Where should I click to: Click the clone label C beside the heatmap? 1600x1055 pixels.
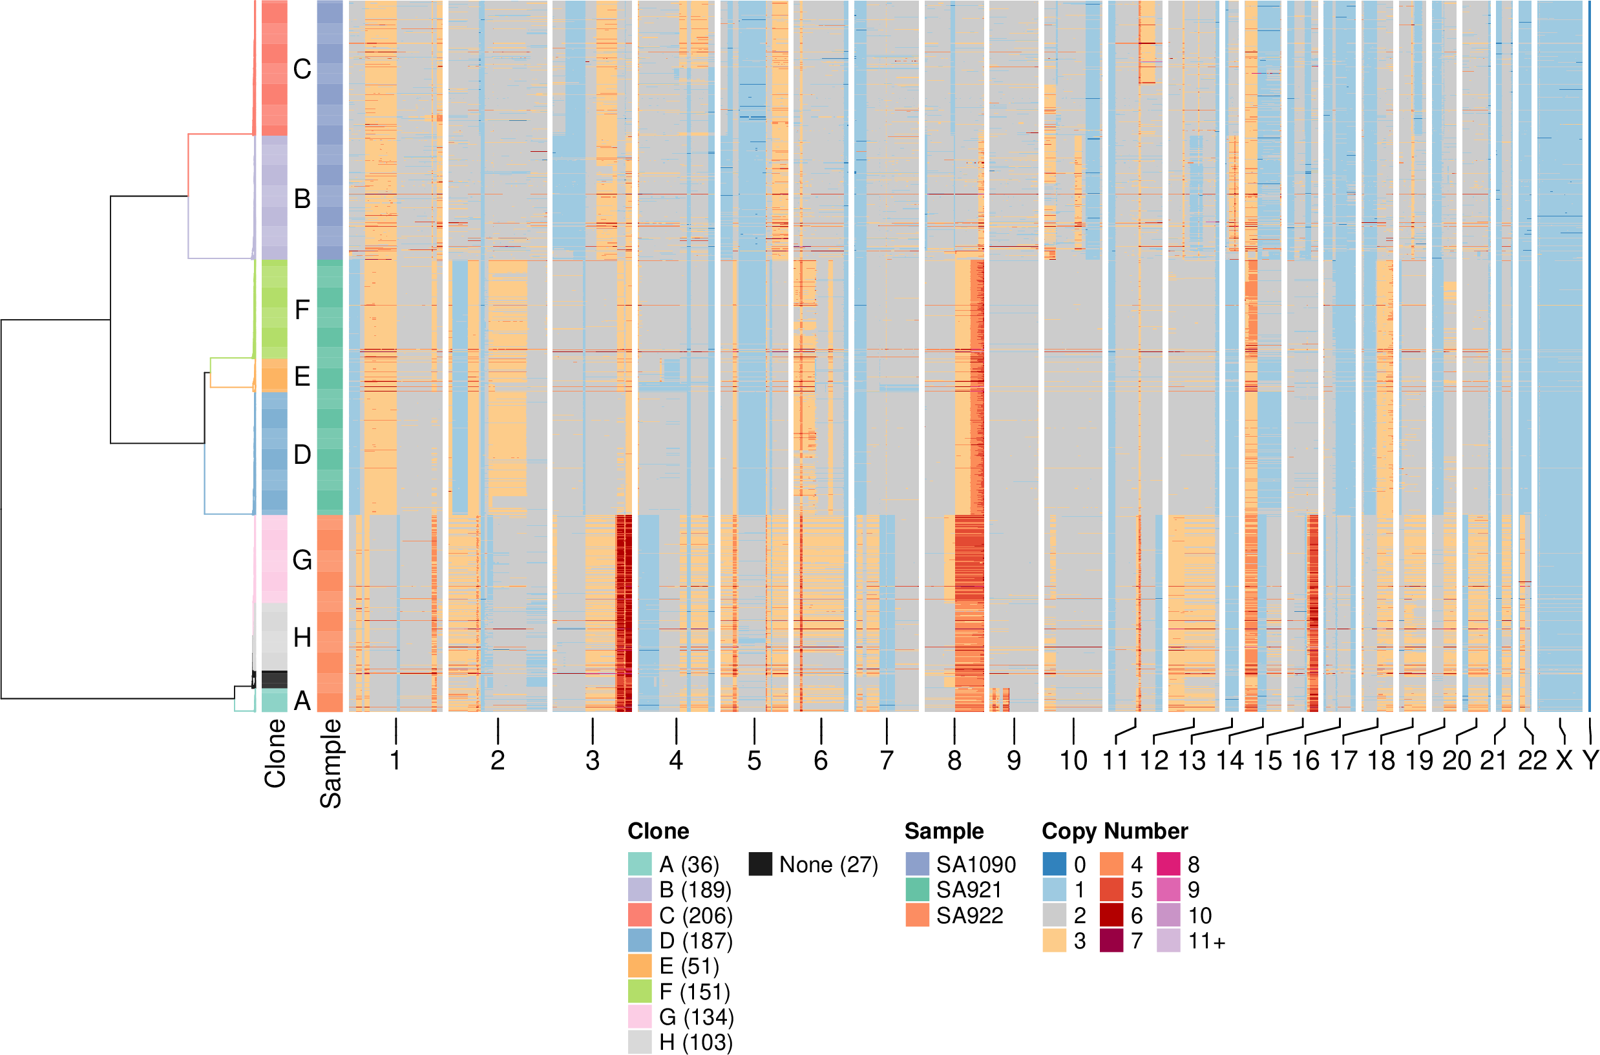302,69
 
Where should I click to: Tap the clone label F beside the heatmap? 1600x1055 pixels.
302,309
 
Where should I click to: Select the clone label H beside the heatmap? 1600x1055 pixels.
302,637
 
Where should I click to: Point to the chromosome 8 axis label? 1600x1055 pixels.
954,761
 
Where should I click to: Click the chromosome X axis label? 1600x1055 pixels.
1564,761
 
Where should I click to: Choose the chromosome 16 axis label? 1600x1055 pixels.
1305,761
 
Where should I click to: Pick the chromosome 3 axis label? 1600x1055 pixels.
592,761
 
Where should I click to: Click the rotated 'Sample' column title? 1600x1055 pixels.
330,763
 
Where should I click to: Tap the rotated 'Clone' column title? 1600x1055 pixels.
275,753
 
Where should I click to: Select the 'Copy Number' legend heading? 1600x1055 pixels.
1115,831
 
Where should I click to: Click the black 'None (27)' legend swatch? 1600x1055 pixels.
761,864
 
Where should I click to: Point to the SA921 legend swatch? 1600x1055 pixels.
917,890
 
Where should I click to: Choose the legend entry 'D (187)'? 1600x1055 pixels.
695,941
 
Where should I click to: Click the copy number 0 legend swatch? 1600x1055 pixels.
1055,864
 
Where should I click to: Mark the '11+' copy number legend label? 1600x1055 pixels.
1206,941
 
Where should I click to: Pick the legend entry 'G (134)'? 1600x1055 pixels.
696,1018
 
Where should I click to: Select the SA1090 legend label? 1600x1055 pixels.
976,864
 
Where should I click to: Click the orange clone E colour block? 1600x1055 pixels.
274,375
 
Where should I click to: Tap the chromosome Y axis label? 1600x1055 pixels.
1590,761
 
